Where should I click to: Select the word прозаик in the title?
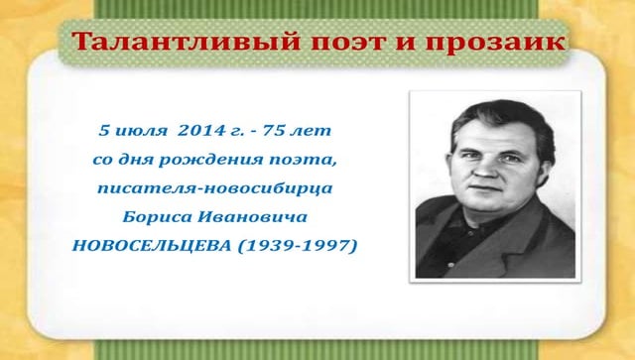500,43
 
